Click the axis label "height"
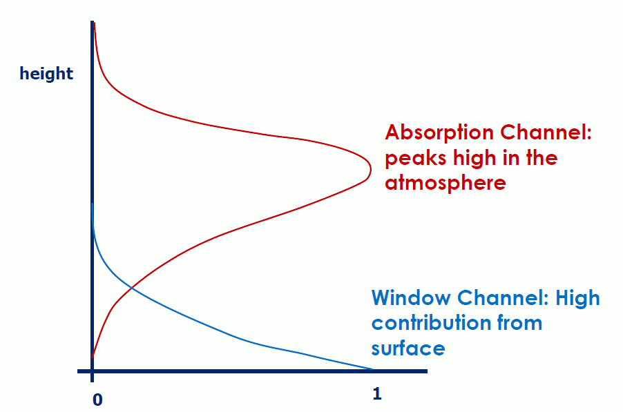coord(46,74)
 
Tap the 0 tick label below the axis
coord(97,400)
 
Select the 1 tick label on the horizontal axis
coord(377,394)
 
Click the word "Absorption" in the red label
coord(439,133)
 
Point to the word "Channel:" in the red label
coord(546,132)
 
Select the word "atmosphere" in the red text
coord(445,184)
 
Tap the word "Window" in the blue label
coord(411,297)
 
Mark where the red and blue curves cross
coord(131,288)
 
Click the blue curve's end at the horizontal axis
coord(373,369)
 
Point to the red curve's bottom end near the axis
coord(93,357)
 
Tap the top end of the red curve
coord(94,23)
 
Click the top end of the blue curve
coord(93,204)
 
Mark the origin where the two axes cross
coord(92,371)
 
